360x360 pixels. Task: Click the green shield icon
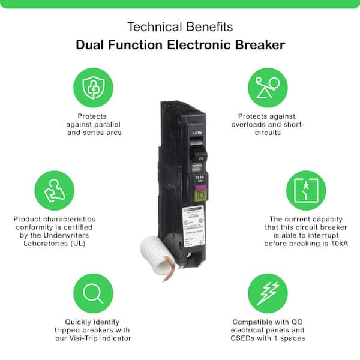coord(93,87)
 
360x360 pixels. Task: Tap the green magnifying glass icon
coord(93,293)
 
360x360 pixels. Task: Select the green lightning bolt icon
coord(267,293)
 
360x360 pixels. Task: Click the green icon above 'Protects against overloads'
coord(267,87)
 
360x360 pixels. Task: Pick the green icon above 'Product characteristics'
coord(55,190)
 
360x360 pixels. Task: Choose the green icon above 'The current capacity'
coord(305,190)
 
